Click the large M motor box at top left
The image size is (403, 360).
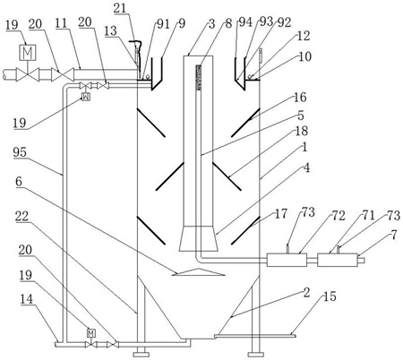coord(28,52)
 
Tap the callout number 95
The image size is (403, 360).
coord(20,152)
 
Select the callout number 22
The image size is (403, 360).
coord(21,216)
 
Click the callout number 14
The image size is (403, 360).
coord(27,299)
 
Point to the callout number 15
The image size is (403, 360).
coord(330,296)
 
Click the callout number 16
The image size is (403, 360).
coord(300,97)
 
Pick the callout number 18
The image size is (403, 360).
coord(301,131)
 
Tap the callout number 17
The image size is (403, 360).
coord(280,214)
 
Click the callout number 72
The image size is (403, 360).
coord(339,216)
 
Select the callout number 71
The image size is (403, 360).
coord(368,215)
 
